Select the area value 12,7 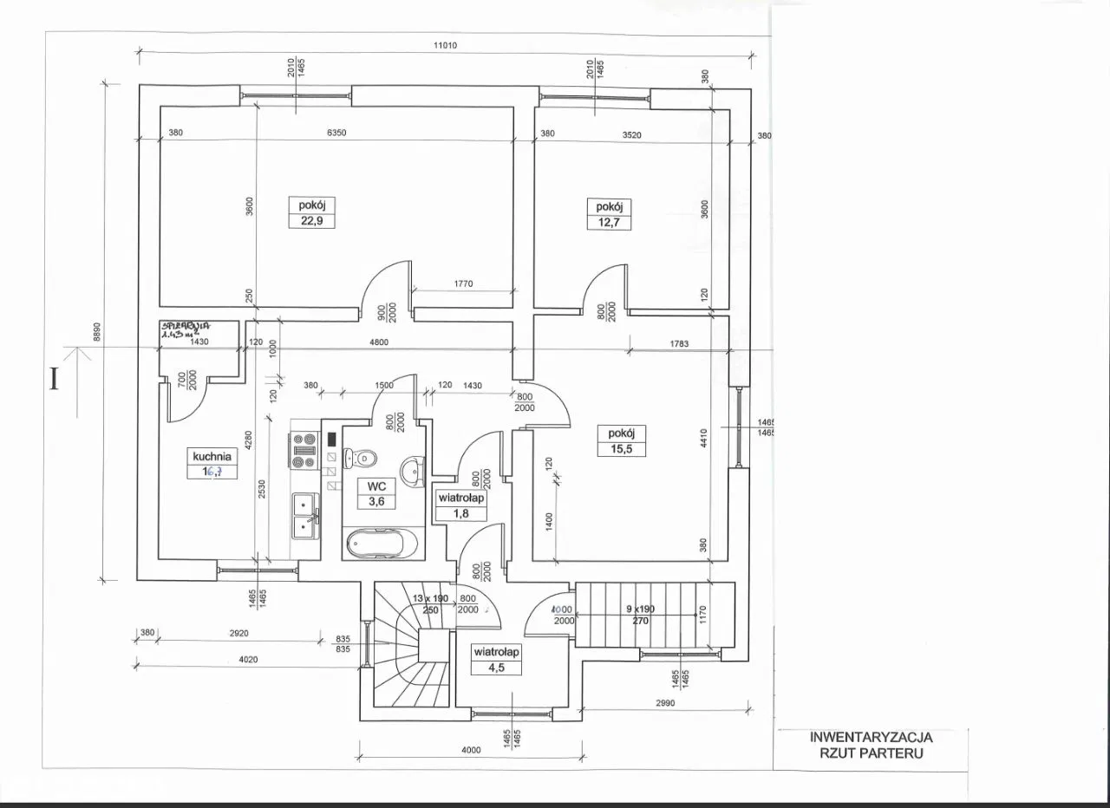pyautogui.click(x=609, y=221)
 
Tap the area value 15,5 pyautogui.click(x=621, y=448)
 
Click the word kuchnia pyautogui.click(x=212, y=455)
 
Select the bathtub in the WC pyautogui.click(x=382, y=544)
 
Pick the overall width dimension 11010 pyautogui.click(x=446, y=47)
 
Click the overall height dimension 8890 pyautogui.click(x=98, y=332)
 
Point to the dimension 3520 pyautogui.click(x=631, y=134)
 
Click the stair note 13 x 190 pyautogui.click(x=430, y=598)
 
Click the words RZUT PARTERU pyautogui.click(x=870, y=753)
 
